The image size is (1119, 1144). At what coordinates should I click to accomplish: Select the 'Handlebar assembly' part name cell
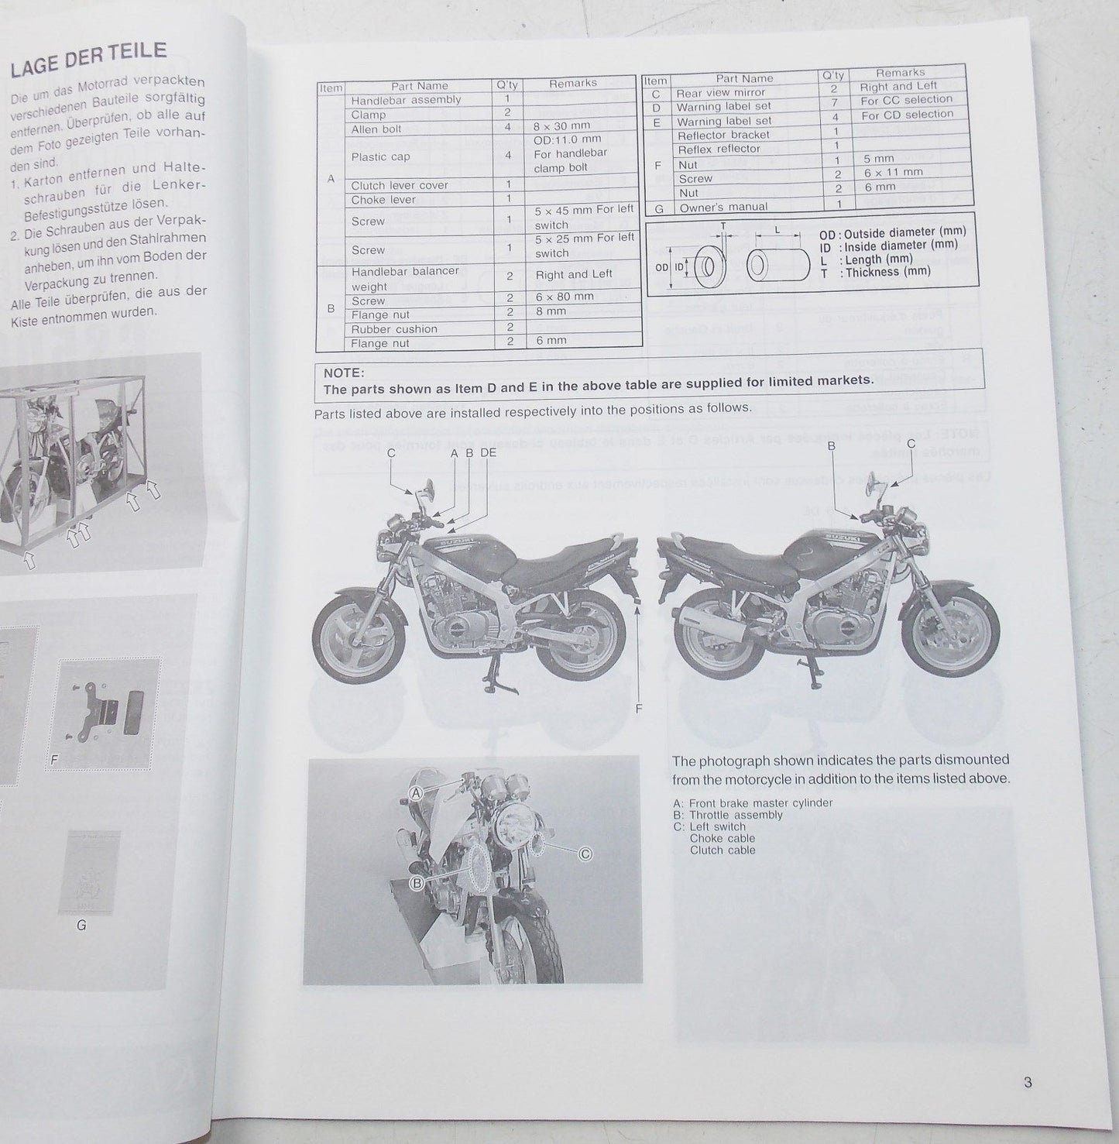tap(406, 100)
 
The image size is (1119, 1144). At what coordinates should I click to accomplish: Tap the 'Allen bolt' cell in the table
tap(376, 129)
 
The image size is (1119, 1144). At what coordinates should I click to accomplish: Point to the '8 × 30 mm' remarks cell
tap(561, 125)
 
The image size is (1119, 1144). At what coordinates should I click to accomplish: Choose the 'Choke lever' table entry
tap(383, 200)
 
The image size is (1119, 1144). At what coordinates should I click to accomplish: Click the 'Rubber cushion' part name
tap(394, 329)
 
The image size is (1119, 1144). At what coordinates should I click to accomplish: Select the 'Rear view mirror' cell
tap(720, 92)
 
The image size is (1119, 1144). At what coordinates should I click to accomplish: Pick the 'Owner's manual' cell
tap(723, 207)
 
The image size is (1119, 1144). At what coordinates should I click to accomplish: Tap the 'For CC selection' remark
tap(906, 100)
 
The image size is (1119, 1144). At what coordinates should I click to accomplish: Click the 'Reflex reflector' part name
tap(719, 149)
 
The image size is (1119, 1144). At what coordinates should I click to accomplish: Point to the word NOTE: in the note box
tap(344, 373)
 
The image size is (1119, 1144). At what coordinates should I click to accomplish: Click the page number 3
tap(1028, 1083)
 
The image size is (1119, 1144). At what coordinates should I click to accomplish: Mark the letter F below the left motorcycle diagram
tap(639, 708)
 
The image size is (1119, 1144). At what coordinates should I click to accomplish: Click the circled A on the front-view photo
tap(417, 793)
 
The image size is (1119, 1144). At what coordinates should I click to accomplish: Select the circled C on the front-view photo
tap(585, 854)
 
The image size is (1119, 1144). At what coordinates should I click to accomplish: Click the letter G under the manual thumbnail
tap(81, 925)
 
